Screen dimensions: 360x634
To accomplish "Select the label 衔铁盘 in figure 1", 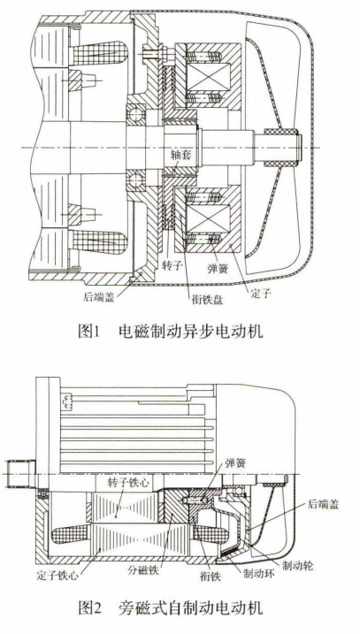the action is point(208,300).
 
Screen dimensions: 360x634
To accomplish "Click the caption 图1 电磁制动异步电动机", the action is point(171,332).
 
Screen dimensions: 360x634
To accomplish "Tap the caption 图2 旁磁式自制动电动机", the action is point(171,607).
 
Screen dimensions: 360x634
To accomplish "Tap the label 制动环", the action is point(256,573).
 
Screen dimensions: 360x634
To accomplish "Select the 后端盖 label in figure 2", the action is point(323,505).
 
